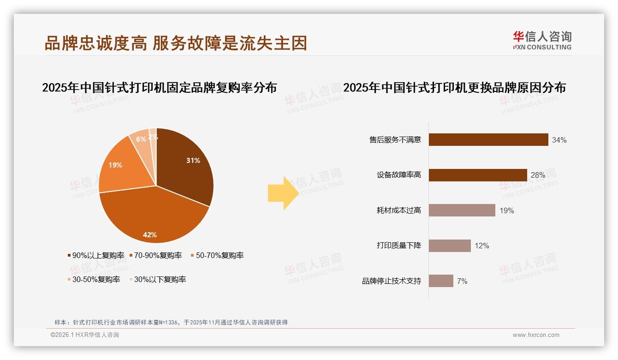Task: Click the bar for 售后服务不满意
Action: [488, 140]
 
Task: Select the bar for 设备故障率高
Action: [478, 175]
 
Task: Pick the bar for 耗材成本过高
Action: [462, 210]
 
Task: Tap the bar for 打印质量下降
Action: [450, 246]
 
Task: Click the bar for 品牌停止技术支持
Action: [441, 281]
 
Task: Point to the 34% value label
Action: [559, 140]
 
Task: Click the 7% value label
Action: [462, 281]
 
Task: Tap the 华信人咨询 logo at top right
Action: [542, 40]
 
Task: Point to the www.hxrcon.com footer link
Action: [536, 335]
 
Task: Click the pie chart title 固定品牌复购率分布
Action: [160, 87]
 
